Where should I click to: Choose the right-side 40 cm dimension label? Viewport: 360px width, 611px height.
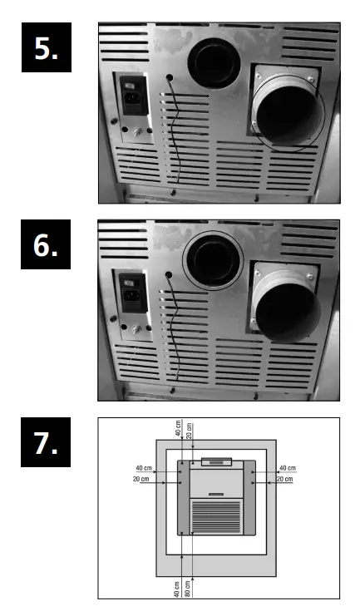tap(288, 468)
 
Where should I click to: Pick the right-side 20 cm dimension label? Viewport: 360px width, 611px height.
tap(285, 480)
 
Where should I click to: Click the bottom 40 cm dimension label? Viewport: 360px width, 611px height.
tap(178, 586)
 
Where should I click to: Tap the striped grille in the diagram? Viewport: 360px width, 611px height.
tap(215, 515)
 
